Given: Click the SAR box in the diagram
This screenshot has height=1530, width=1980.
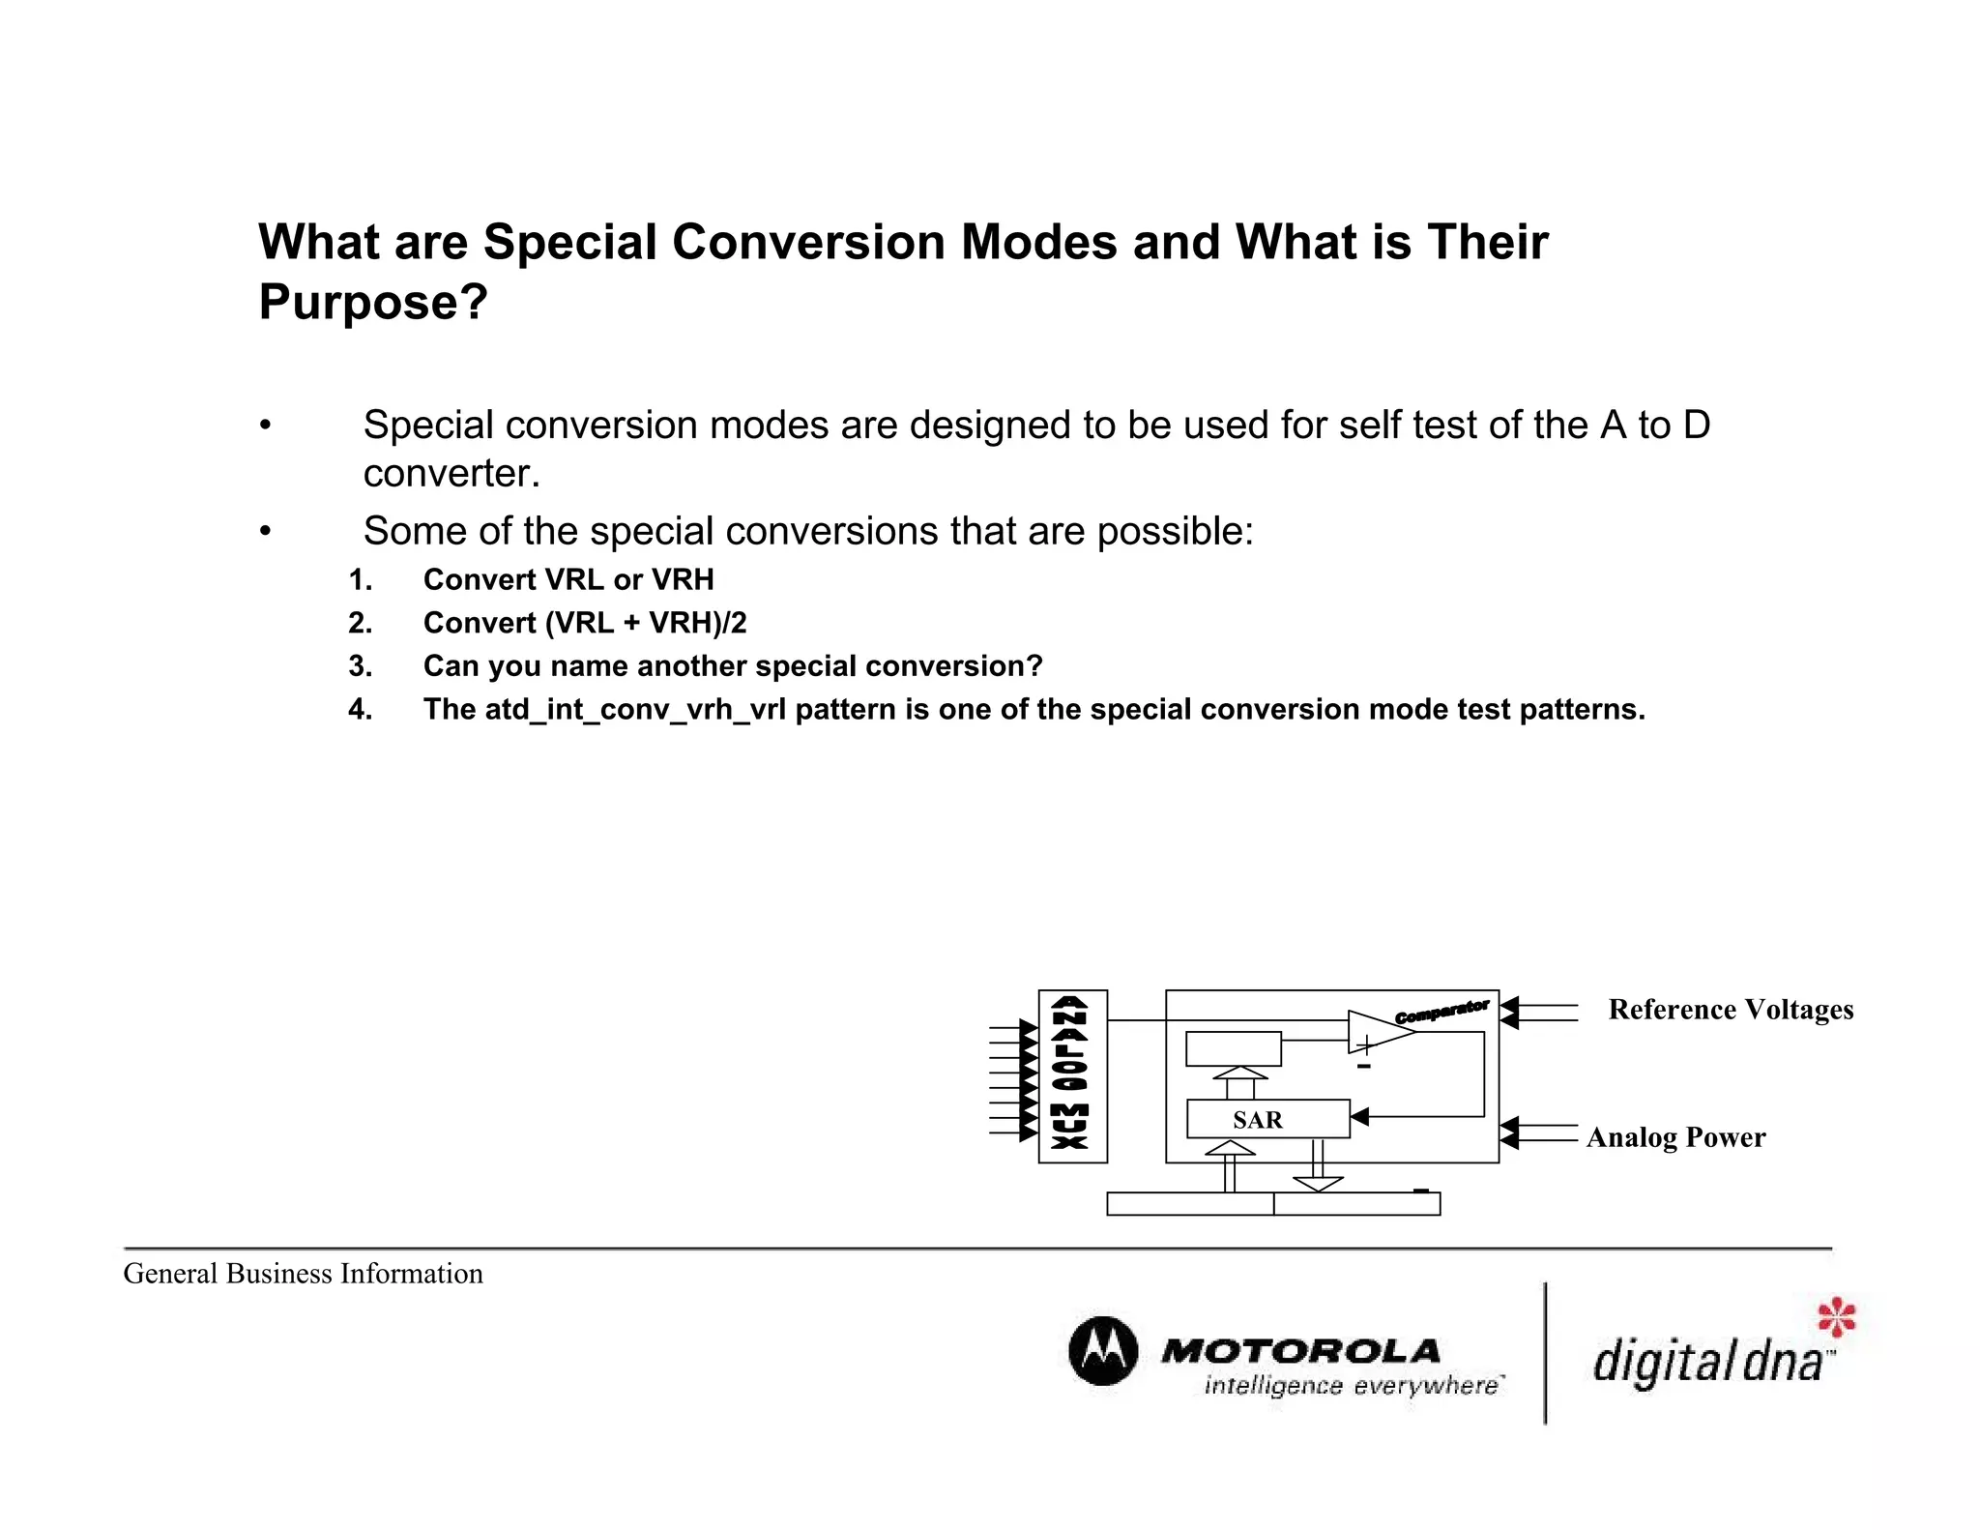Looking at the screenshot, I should pos(1267,1119).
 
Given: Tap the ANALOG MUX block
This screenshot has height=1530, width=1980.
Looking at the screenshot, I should pos(1071,1075).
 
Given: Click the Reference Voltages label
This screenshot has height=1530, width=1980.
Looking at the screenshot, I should pos(1731,1010).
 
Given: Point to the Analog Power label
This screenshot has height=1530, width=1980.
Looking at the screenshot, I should pos(1675,1137).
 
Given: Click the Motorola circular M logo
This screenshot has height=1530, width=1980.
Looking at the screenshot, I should pos(1102,1351).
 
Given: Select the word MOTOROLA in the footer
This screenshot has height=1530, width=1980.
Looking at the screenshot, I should pos(1300,1351).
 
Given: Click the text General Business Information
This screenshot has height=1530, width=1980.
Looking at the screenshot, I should pos(303,1274).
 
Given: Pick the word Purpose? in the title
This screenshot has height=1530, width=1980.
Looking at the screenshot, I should pos(373,302).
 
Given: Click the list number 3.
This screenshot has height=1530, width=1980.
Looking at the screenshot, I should pos(360,666).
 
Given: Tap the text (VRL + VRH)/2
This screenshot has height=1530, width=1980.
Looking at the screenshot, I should pos(646,623).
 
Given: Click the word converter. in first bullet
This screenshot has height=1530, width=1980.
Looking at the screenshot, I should pos(451,474).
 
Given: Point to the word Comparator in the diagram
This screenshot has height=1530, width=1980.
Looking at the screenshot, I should pos(1441,1012).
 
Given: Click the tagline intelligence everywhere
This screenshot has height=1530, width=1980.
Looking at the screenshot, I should pos(1352,1386).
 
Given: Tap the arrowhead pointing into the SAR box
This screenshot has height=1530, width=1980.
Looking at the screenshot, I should pos(1359,1117).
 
